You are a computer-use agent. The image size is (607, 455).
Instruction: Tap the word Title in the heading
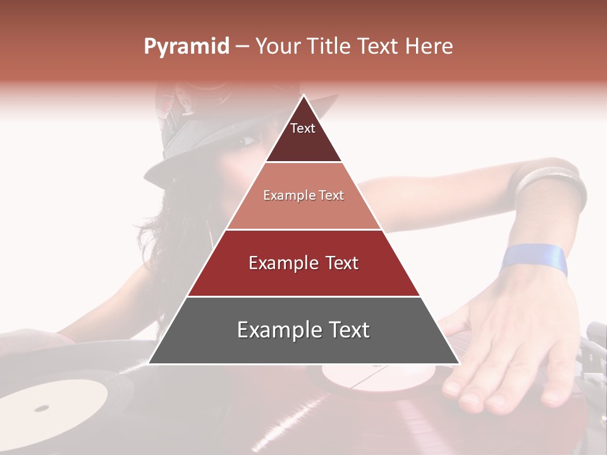pos(328,47)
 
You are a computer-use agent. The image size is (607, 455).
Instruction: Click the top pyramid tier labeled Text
pos(303,136)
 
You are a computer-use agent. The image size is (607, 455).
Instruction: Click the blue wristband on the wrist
pos(535,260)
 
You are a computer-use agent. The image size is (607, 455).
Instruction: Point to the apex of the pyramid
pos(303,95)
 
